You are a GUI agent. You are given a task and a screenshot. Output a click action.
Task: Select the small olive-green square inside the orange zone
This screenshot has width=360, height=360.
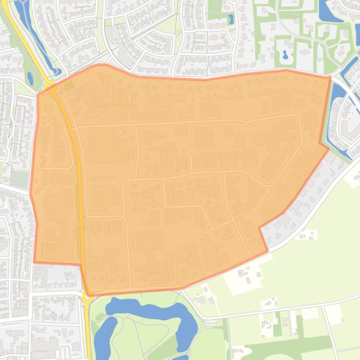[69, 86]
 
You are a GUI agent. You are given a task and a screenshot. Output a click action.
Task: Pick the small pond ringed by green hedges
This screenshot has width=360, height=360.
[285, 55]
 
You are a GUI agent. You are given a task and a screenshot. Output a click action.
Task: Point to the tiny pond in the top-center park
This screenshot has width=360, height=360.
[230, 19]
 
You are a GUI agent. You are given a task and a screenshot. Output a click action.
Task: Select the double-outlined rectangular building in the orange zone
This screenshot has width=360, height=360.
[148, 241]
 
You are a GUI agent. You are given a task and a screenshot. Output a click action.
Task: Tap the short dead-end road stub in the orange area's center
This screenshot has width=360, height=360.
[191, 163]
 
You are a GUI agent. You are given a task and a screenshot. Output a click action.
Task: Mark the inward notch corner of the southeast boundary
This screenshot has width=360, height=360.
[259, 228]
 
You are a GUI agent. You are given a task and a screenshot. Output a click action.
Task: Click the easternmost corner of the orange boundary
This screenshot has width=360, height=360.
[329, 149]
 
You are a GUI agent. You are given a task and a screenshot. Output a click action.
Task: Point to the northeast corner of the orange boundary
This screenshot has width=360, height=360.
[331, 77]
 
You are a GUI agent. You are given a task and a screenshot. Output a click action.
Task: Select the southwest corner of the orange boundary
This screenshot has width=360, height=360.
[34, 262]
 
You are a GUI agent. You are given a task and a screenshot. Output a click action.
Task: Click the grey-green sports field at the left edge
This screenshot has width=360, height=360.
[19, 179]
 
